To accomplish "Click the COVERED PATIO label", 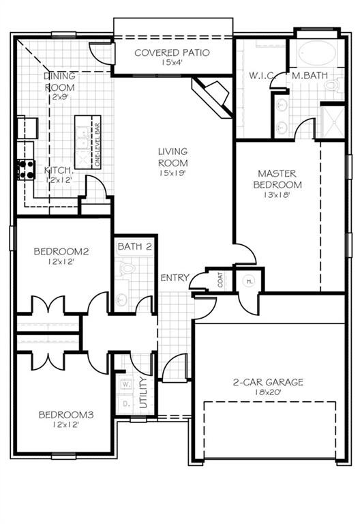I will coord(171,53).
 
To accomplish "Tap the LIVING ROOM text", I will coord(172,157).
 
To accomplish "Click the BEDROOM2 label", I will coord(61,252).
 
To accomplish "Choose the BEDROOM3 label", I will coord(65,414).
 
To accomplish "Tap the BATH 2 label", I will coord(134,246).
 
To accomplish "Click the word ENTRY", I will coord(175,278).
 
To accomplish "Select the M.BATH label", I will coord(306,76).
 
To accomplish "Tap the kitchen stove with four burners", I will coord(26,170).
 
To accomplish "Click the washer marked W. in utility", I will coord(125,385).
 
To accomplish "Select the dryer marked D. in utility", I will coord(125,403).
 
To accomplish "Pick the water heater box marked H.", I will coord(249,280).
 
